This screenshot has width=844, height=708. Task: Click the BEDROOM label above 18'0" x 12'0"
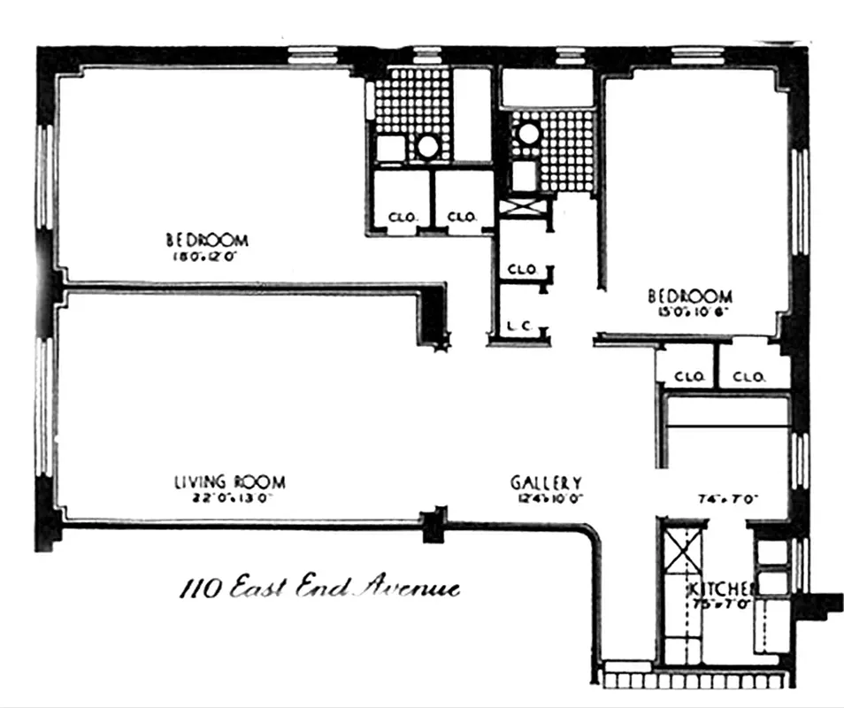click(x=207, y=240)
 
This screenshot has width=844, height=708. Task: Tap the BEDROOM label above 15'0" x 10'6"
click(x=690, y=296)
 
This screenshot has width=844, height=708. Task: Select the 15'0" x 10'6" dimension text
click(x=687, y=312)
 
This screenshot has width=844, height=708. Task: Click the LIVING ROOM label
click(x=230, y=482)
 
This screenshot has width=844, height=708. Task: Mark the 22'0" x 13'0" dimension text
click(x=228, y=498)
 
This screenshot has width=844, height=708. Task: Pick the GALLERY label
click(x=546, y=483)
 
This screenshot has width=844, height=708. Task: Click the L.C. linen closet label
click(x=518, y=327)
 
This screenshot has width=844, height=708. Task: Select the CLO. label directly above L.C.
click(x=522, y=269)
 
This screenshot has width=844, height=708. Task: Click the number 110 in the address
click(x=200, y=587)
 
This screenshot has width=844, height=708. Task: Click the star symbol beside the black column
click(x=444, y=346)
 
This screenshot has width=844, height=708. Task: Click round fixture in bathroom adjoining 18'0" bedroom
click(x=428, y=146)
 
